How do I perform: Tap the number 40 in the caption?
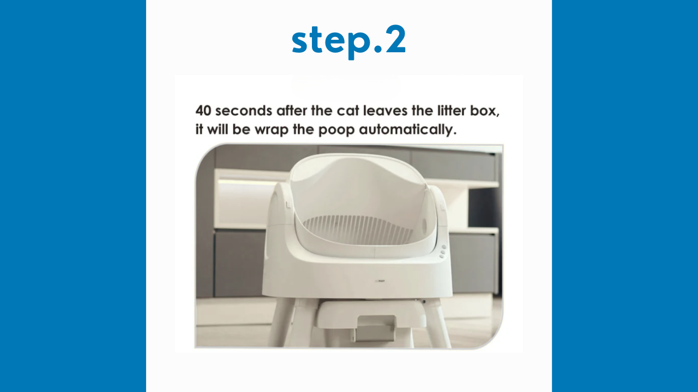click(x=203, y=111)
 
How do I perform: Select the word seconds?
click(x=243, y=111)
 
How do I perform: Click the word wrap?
click(x=272, y=130)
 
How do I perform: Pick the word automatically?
click(x=407, y=130)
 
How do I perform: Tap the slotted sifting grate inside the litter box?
click(x=358, y=230)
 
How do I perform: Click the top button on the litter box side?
click(x=444, y=247)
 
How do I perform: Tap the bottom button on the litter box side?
click(x=442, y=256)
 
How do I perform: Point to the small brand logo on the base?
click(x=381, y=281)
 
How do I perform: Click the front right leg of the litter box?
click(x=440, y=323)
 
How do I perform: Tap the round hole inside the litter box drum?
click(x=424, y=223)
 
